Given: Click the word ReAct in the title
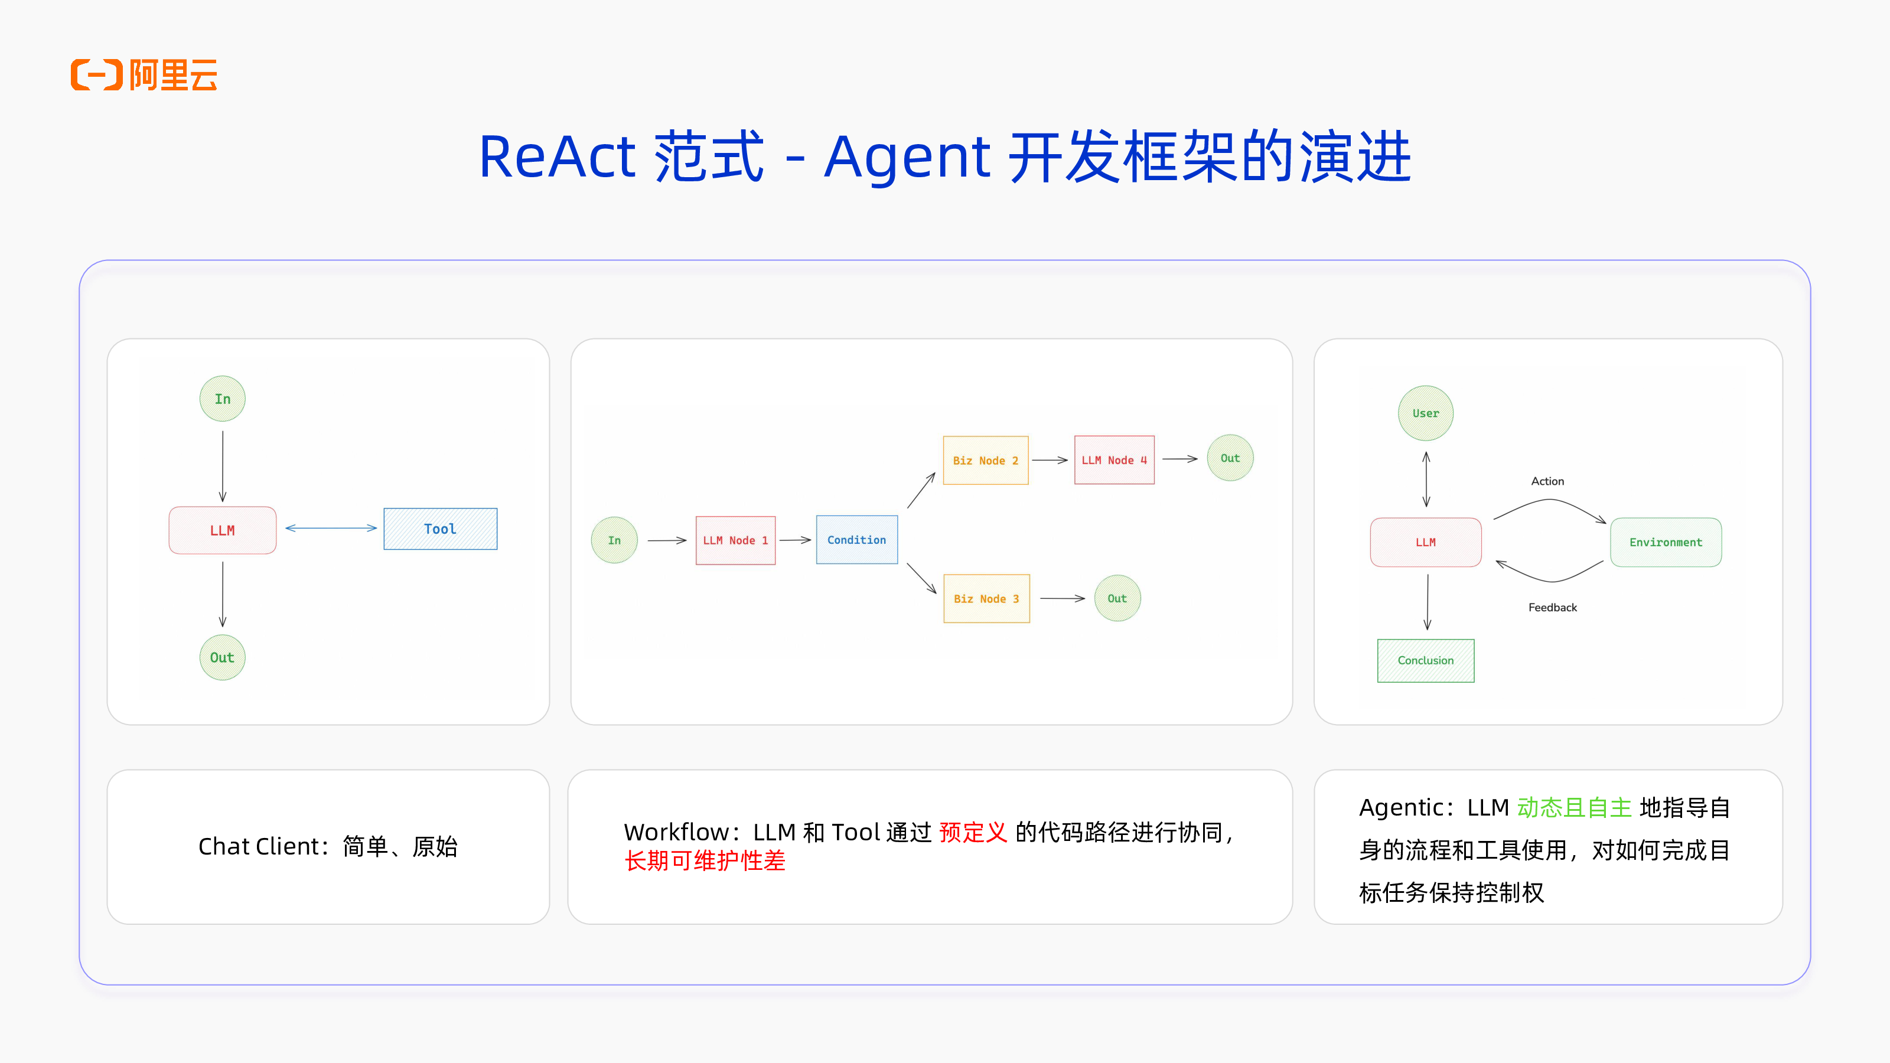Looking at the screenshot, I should pos(557,157).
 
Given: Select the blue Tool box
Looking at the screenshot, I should pos(440,529).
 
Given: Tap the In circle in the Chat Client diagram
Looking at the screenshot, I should pos(222,399).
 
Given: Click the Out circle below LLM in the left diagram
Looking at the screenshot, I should pos(222,657).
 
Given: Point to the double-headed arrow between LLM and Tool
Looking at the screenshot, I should pos(331,528).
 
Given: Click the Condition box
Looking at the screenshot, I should pos(856,540).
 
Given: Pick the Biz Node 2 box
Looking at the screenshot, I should pos(985,461).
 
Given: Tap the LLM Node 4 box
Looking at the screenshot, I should pos(1114,460).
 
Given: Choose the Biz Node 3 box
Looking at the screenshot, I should pos(986,599).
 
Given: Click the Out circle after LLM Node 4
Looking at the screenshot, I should pos(1230,458).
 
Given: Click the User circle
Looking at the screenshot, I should pos(1426,413).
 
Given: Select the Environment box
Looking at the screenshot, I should pos(1666,542).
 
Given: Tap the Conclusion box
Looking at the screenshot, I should pos(1426,660).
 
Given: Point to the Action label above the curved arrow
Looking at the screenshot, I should pos(1547,481).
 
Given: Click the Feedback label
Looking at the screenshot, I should pos(1553,608).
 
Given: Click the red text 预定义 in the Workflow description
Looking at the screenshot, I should pos(973,833).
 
